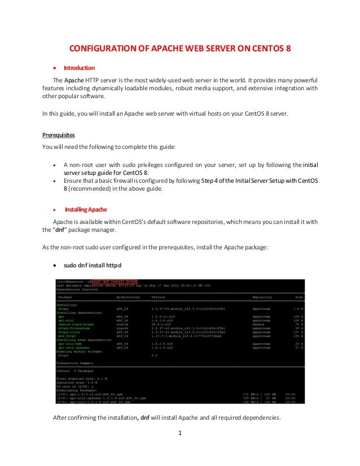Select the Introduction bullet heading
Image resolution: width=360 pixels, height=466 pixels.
tap(78, 68)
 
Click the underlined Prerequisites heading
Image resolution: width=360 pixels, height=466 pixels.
tap(59, 135)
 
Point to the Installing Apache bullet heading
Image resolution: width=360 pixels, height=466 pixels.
tap(86, 209)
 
